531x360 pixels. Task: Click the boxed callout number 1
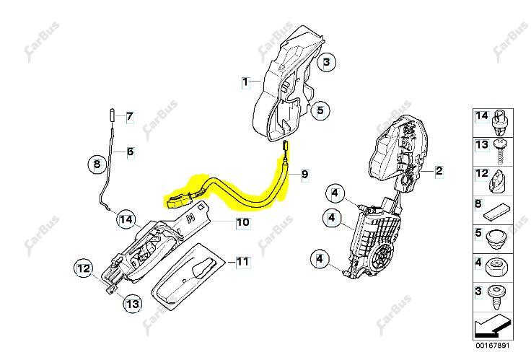coord(246,82)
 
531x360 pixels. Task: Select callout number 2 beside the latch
coord(439,170)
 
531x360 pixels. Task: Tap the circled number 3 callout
coord(326,62)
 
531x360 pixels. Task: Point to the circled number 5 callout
coord(320,110)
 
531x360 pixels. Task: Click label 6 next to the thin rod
coord(131,152)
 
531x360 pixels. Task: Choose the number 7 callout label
coord(130,117)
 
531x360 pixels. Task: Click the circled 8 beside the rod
coord(97,164)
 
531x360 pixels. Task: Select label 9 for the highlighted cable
coord(304,175)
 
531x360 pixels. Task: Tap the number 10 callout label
coord(243,222)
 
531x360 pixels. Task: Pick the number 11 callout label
coord(242,262)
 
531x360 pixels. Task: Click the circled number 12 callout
coord(84,269)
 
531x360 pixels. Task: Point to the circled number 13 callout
coord(133,304)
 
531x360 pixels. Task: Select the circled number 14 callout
coord(126,219)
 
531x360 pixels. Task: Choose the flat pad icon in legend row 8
coord(497,212)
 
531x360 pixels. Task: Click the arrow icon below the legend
coord(493,327)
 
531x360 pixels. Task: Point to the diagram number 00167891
coord(492,346)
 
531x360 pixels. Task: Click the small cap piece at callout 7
coord(112,115)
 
